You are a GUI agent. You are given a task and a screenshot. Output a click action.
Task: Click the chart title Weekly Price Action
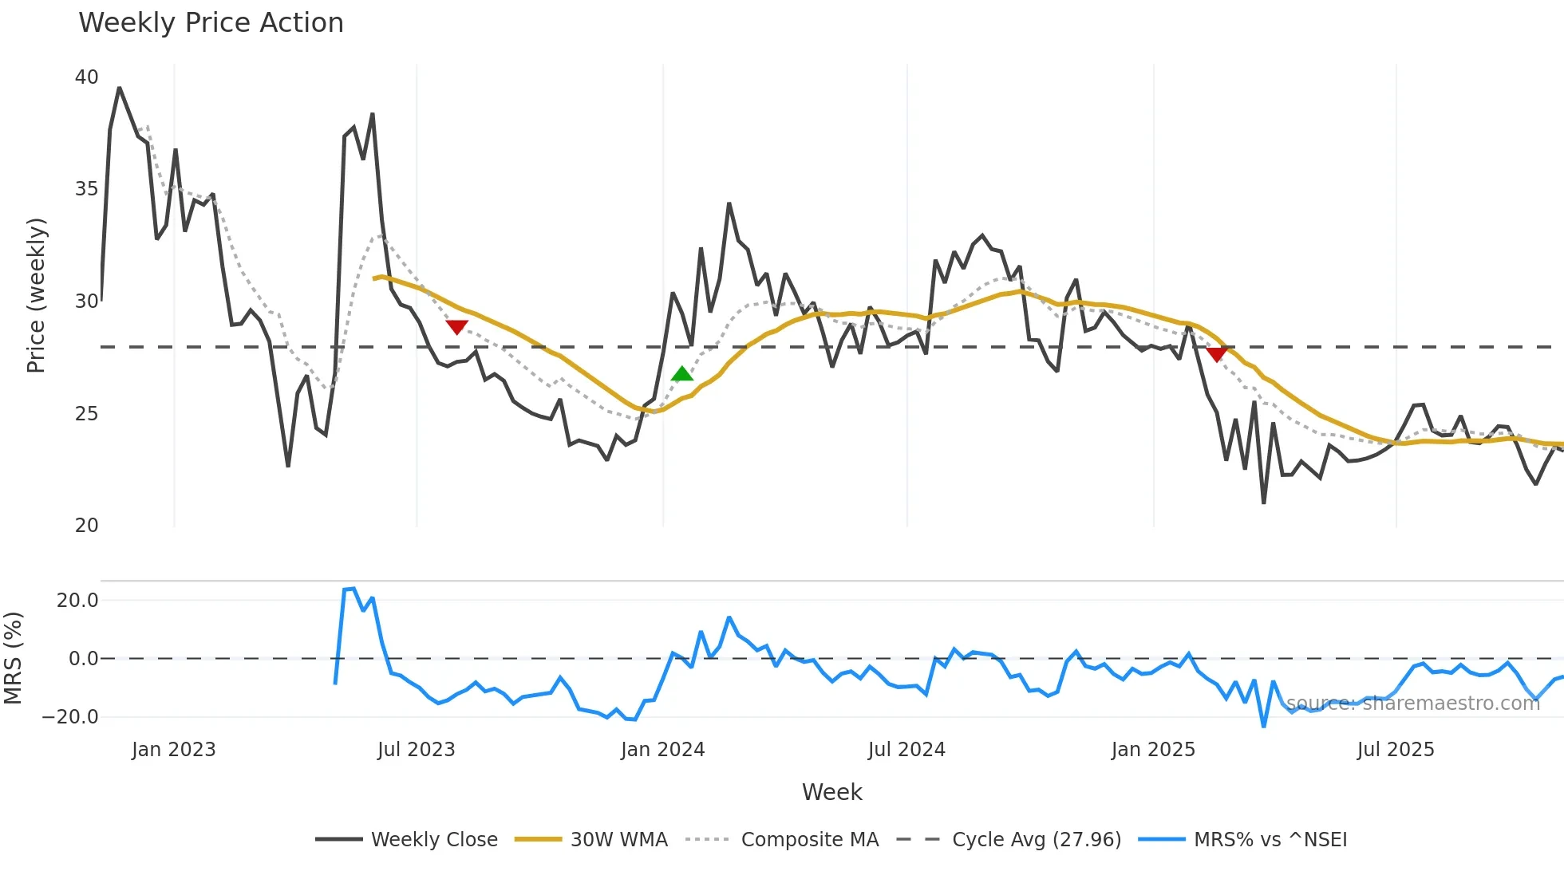[211, 23]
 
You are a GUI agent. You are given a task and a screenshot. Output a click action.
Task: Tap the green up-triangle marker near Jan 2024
[682, 374]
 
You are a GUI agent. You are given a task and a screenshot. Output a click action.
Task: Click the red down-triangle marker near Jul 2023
[456, 327]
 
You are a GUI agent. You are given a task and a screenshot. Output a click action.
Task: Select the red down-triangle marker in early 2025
[1217, 354]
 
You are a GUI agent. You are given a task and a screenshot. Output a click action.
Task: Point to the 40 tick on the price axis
[86, 77]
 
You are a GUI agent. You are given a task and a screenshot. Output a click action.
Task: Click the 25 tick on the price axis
[86, 414]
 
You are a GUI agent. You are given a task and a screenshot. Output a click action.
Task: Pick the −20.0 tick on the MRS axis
[70, 716]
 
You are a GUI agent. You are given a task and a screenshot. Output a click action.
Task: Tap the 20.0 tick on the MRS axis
[77, 600]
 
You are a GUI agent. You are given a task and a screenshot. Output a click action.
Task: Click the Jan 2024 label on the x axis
[662, 750]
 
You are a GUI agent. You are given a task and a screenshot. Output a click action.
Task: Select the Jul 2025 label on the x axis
[1396, 750]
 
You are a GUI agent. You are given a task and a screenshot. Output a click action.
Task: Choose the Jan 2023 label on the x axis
[174, 750]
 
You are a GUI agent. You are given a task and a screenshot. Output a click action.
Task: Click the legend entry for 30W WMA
[618, 840]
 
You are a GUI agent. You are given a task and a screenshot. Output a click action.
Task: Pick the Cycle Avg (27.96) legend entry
[1036, 840]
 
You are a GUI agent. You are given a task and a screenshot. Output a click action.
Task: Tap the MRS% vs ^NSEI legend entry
[1270, 840]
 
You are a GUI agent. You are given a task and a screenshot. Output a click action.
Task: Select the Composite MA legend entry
[809, 840]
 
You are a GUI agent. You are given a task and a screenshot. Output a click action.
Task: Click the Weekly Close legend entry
[433, 840]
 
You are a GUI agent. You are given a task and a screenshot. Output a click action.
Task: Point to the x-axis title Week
[831, 792]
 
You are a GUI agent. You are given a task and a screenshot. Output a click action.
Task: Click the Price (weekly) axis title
[37, 295]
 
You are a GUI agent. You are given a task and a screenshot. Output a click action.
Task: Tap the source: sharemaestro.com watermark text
[1412, 703]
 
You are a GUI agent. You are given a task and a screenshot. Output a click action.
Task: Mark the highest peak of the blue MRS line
[353, 589]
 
